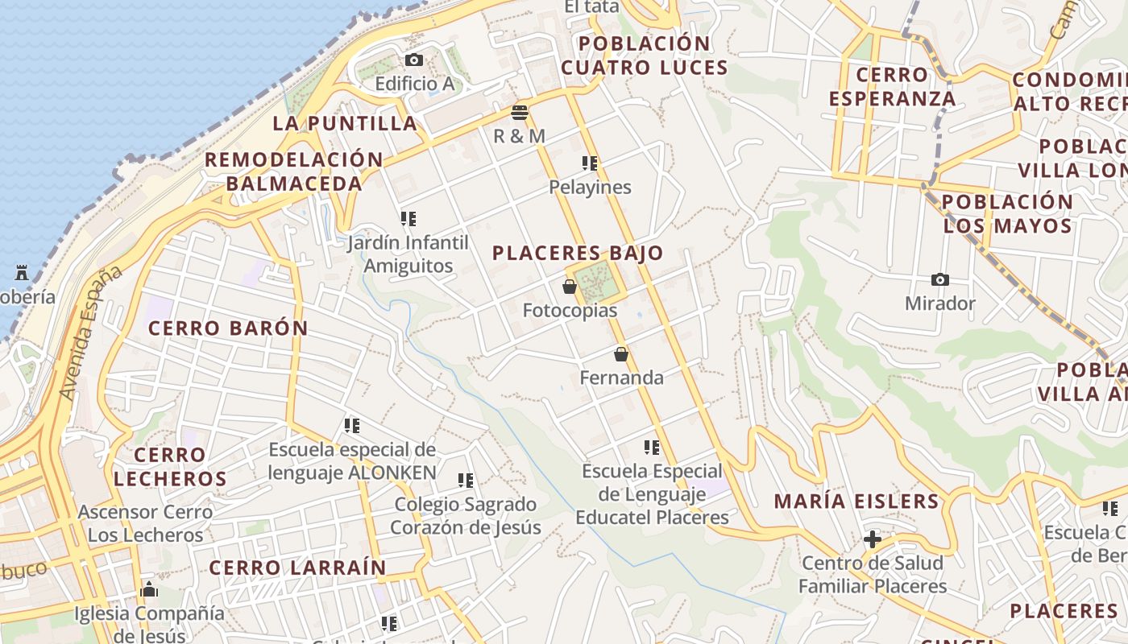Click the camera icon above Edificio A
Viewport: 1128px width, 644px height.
tap(414, 60)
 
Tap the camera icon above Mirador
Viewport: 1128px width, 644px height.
tap(939, 280)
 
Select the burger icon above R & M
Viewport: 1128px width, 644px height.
tap(520, 113)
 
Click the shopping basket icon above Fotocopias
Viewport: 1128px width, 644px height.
tap(570, 287)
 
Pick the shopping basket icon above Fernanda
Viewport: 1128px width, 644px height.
tap(621, 354)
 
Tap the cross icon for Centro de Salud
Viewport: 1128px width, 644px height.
tap(872, 539)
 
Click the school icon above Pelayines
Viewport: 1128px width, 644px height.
tap(590, 164)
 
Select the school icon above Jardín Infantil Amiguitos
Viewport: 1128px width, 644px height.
tap(408, 219)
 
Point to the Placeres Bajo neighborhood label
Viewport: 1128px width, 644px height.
tap(578, 254)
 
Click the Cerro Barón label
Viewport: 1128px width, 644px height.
tap(228, 328)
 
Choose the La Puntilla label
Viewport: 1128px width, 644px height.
tap(345, 123)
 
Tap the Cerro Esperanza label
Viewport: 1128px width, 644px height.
tap(892, 87)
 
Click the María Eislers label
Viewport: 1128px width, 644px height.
tap(856, 502)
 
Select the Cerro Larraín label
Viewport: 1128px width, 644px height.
tap(298, 568)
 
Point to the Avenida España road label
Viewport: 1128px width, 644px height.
tap(90, 332)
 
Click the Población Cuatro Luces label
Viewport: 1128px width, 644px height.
tap(645, 56)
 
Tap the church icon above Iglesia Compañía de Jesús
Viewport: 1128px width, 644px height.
tap(148, 590)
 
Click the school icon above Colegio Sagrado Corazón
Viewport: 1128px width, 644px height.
tap(466, 481)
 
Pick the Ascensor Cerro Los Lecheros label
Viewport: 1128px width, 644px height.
tap(145, 523)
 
